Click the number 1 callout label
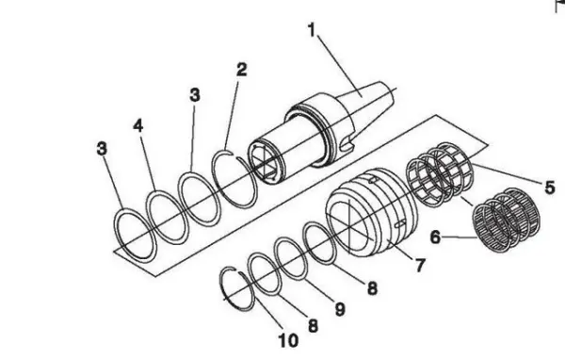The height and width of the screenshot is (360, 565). point(312,30)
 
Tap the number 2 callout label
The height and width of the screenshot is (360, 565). point(242,69)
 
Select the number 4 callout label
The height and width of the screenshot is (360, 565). point(138,125)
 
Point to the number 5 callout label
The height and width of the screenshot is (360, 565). point(549,188)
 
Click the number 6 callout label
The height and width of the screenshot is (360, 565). point(435,237)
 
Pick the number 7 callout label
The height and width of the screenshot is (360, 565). point(420,266)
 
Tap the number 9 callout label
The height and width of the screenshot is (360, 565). point(339,309)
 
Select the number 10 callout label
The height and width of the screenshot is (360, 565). point(289,340)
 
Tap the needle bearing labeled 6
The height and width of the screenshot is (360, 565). point(507,220)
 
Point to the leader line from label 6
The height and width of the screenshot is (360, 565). point(460,237)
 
